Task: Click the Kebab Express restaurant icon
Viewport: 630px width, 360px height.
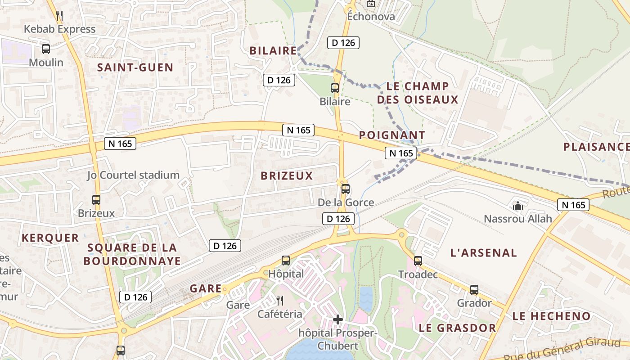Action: [x=59, y=16]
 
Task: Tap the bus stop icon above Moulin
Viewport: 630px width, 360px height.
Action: [x=46, y=49]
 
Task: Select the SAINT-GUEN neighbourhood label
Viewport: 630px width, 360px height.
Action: [x=135, y=67]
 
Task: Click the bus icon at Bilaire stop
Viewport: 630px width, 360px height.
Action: [x=335, y=88]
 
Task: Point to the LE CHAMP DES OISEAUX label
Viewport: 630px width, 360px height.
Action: [x=418, y=93]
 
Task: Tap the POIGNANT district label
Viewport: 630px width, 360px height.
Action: [x=392, y=135]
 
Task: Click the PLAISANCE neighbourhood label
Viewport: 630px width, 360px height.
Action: [x=596, y=147]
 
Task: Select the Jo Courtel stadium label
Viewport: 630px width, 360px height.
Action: [x=133, y=175]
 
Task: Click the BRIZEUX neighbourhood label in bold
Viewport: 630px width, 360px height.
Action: [x=287, y=176]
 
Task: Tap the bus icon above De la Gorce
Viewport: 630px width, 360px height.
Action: [x=346, y=189]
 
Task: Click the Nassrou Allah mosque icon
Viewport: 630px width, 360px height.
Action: [x=517, y=206]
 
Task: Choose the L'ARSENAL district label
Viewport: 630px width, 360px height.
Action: [x=484, y=252]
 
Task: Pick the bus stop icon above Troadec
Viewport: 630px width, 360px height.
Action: [x=418, y=261]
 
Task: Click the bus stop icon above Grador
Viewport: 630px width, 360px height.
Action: [x=474, y=290]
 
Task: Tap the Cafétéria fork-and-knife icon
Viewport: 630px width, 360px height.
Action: [x=280, y=301]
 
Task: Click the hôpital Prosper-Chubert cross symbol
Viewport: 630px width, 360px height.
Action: [x=338, y=319]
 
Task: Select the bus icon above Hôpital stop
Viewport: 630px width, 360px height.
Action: [x=286, y=260]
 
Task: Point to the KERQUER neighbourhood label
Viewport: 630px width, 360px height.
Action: [x=50, y=238]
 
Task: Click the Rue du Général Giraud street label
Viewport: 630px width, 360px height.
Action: [x=562, y=349]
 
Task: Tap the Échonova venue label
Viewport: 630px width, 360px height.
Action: [x=371, y=17]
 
